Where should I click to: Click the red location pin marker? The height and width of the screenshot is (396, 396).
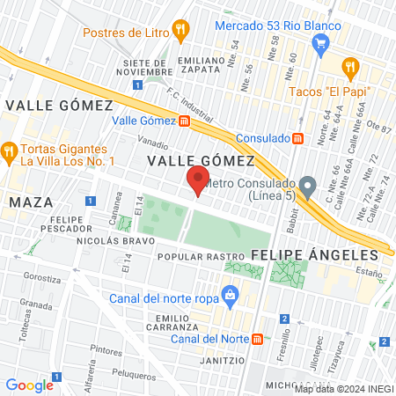point(196,182)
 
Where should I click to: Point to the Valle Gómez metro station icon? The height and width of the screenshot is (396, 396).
point(183,121)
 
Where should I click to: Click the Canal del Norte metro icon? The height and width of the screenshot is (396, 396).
point(256,339)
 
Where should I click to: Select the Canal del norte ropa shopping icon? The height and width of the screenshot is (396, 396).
point(230,293)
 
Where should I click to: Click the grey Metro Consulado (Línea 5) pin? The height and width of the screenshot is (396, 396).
point(307,187)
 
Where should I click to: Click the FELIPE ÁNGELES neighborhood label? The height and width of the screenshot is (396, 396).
point(314,254)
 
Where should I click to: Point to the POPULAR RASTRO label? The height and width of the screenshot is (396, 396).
point(200,258)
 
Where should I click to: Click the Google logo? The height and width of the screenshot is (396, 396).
point(29,385)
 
